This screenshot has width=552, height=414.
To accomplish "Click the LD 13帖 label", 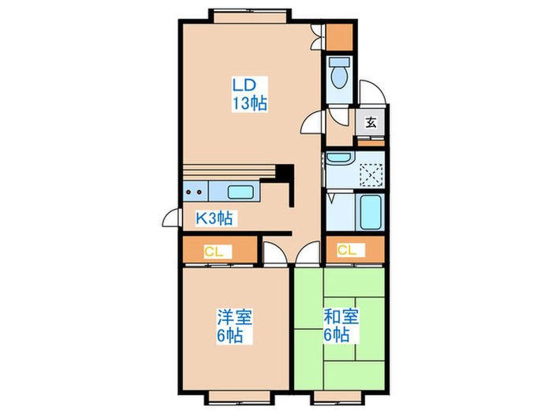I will (x=248, y=93).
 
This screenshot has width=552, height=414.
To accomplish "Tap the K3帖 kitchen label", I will (x=213, y=218).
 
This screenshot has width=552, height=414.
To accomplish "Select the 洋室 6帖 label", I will (x=234, y=326).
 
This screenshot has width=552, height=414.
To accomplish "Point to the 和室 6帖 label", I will (x=341, y=326).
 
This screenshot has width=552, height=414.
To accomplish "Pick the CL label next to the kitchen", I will (x=214, y=252).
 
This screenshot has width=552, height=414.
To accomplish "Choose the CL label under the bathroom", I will (x=347, y=251).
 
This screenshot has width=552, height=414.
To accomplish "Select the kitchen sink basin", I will (x=240, y=191).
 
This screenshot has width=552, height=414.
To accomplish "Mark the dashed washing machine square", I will (x=371, y=173).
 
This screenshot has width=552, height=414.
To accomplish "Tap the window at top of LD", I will (x=248, y=14).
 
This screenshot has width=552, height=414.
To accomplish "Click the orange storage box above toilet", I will (x=340, y=36).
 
